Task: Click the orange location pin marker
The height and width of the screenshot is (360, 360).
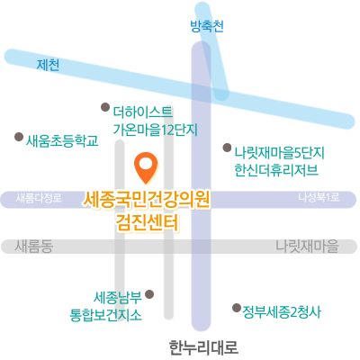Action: coord(146,167)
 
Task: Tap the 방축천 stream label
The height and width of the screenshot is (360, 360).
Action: coord(207,26)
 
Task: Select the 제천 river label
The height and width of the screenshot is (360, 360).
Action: coord(48,65)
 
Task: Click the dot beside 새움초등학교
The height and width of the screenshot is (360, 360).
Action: coord(19,137)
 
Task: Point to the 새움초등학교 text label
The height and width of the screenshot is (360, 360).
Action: coord(62,140)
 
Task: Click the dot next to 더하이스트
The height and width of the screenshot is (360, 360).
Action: coord(105,107)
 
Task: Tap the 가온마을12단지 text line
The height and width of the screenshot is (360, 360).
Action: coord(156,130)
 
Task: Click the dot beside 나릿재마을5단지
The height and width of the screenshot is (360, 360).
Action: coord(227,148)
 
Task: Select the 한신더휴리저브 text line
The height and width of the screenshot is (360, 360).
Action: coord(276,170)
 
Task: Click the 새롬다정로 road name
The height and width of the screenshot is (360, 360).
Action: coord(39,198)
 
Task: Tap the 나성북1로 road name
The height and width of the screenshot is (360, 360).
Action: coord(319,197)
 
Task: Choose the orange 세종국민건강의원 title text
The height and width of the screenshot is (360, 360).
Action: coord(147,200)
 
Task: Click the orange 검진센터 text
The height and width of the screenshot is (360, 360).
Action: coord(148,222)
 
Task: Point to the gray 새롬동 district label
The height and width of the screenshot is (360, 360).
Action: coord(34,247)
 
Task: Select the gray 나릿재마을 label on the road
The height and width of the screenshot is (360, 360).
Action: coord(307,246)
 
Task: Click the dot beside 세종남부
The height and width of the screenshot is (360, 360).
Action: coord(149,294)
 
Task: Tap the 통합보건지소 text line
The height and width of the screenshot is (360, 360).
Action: coord(105,315)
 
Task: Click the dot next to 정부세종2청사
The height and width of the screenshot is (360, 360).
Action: coord(237,308)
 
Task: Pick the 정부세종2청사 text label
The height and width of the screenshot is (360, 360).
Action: coord(282,312)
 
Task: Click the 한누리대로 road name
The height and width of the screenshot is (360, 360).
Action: coord(203,347)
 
